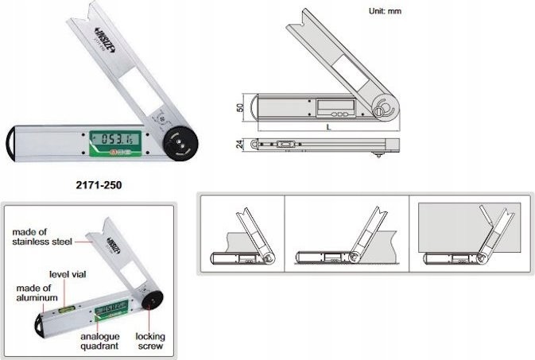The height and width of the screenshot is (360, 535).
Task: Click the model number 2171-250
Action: tap(101, 184)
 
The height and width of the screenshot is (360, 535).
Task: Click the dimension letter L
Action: tap(328, 127)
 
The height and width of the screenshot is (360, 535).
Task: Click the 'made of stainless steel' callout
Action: tap(39, 235)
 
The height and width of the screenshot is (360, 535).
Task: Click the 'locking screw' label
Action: tap(149, 342)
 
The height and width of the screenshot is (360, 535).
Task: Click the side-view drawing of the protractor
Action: tap(326, 144)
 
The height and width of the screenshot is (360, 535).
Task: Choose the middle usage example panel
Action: tap(347, 234)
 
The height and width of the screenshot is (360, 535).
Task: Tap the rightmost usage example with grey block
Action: tap(468, 234)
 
